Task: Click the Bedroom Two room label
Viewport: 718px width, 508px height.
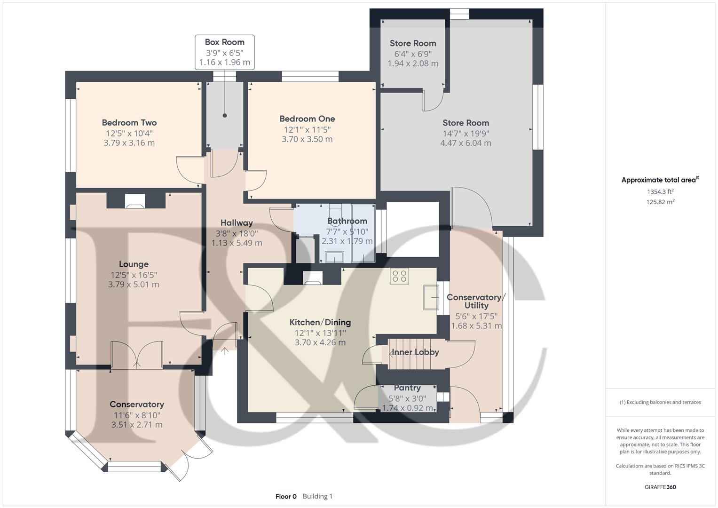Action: pos(129,122)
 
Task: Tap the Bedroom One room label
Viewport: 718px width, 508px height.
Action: pos(307,119)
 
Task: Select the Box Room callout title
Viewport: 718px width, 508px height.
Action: pos(224,42)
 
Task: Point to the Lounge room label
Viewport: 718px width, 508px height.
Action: pos(134,264)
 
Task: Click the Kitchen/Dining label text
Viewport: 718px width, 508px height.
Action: pos(320,322)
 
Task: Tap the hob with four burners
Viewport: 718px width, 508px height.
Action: pos(399,276)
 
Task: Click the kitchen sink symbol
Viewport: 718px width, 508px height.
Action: pos(431,297)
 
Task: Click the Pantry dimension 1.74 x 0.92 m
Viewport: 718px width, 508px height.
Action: pos(407,408)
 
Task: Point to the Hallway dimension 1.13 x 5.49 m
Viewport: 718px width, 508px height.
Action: pos(237,243)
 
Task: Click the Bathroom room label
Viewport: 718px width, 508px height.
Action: pos(347,221)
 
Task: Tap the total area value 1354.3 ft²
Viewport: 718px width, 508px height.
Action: pos(660,191)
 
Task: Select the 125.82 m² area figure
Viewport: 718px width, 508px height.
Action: pos(660,202)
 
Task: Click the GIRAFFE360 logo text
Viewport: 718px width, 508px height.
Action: pos(660,487)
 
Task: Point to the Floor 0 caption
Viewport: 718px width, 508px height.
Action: pos(286,496)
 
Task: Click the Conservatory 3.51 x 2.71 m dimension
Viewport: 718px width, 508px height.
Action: pos(137,425)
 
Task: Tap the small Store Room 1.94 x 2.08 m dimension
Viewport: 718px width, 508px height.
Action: pos(413,63)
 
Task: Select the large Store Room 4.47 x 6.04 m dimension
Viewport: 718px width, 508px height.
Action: pos(466,143)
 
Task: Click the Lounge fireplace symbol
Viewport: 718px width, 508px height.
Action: pos(134,201)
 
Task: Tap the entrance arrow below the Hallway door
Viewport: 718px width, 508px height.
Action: pos(225,351)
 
